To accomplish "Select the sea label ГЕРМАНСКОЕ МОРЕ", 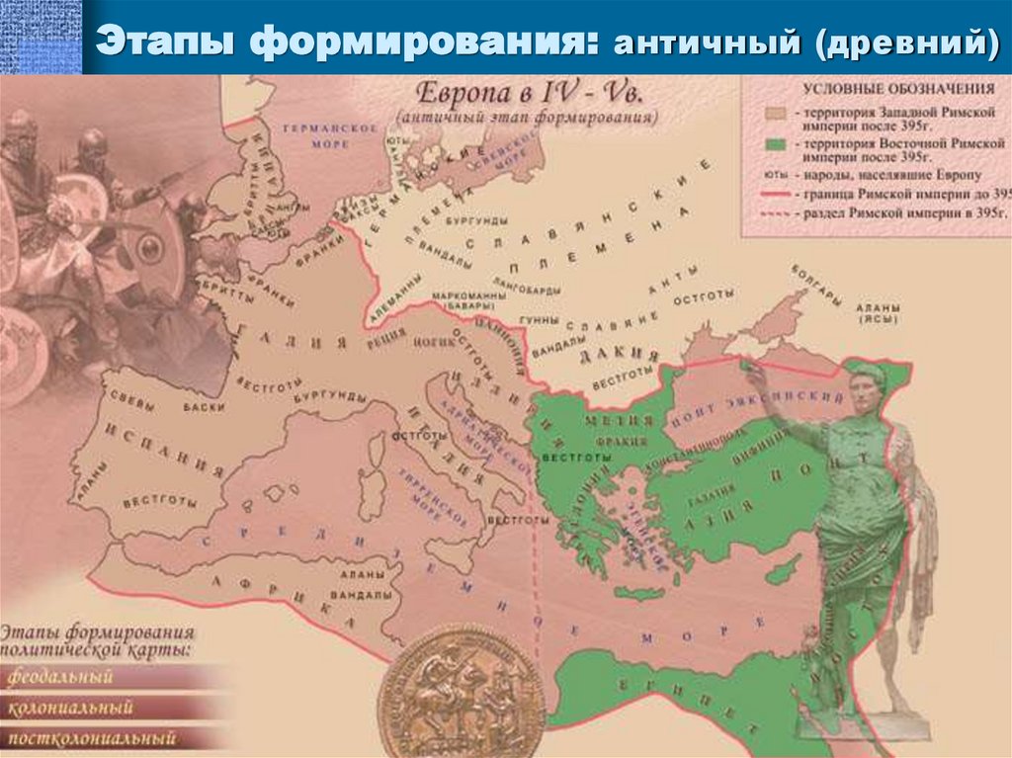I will (316, 135).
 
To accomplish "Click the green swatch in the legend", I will (775, 145).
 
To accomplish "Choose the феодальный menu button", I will (61, 678).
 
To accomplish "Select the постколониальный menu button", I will (91, 737).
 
